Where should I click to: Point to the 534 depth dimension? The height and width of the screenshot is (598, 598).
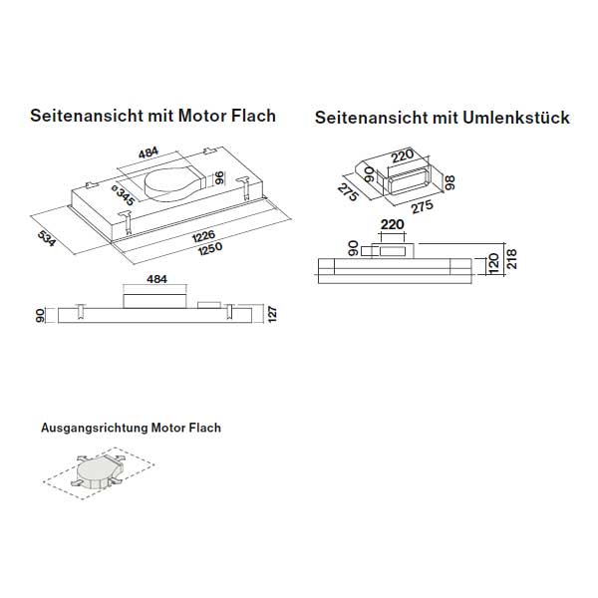tap(45, 239)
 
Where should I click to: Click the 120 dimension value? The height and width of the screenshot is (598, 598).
tap(492, 264)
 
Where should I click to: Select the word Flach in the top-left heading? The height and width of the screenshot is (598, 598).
tap(253, 115)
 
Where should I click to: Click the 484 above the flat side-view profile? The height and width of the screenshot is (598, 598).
tap(156, 280)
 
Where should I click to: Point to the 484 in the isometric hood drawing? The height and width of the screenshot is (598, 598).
tap(149, 152)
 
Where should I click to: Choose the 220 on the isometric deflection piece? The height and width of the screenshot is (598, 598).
tap(402, 155)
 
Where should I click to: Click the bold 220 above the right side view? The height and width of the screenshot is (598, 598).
tap(391, 225)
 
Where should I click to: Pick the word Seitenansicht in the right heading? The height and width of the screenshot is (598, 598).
tap(370, 118)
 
